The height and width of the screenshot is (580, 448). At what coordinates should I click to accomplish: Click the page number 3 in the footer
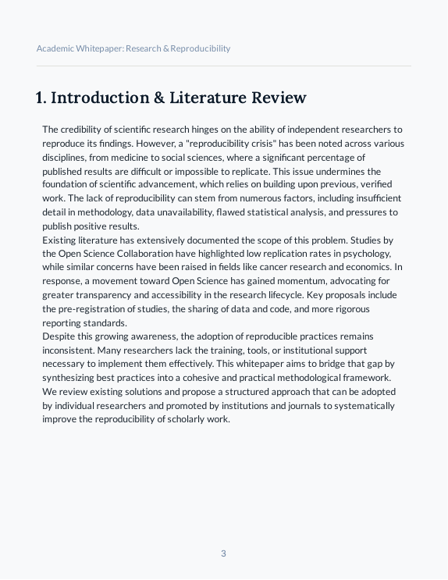point(223,553)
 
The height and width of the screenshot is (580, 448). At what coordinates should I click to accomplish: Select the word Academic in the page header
point(55,48)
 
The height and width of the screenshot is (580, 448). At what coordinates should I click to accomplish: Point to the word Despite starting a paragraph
point(58,337)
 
